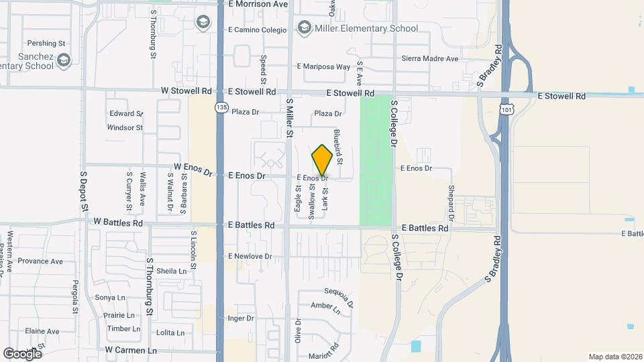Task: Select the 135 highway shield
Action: coord(221,107)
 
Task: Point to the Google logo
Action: coord(22,353)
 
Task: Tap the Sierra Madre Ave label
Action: coord(429,59)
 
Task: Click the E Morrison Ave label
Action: coord(258,4)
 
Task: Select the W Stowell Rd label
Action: coord(186,91)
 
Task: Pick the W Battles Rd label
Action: coord(118,222)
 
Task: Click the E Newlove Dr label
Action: coord(250,256)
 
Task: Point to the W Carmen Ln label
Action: coord(131,350)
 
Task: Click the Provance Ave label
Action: coord(40,261)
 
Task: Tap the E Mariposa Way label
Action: coord(324,67)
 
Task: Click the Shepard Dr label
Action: coord(451,204)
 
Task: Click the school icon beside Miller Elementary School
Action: coord(305,28)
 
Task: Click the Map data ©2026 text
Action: coord(614,357)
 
